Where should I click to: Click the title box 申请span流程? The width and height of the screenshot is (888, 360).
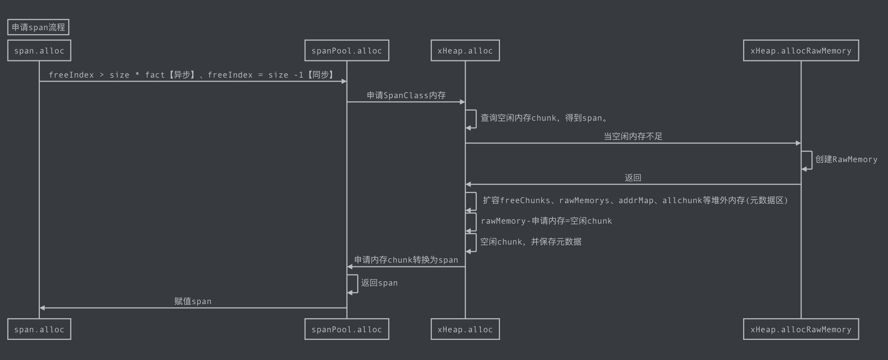(x=38, y=27)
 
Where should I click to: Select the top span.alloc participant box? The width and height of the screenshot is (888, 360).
(x=39, y=51)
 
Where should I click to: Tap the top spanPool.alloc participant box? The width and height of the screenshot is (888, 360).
(x=346, y=51)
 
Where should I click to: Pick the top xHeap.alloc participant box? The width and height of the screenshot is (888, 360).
(x=465, y=51)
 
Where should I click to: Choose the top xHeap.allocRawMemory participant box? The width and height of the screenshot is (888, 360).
(x=801, y=51)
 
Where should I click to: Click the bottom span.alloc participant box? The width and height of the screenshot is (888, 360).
(x=39, y=329)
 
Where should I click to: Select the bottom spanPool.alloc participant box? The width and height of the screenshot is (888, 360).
(x=346, y=329)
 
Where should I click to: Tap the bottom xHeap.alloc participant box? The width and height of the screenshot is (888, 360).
(x=465, y=329)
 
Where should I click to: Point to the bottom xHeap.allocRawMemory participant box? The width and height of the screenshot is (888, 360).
(x=801, y=329)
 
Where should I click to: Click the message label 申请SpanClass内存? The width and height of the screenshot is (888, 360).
(x=406, y=95)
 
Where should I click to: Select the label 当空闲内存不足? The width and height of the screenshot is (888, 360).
(x=633, y=136)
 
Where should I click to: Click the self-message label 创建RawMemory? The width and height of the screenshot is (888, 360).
(x=846, y=159)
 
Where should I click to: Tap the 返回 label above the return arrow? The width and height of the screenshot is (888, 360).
(x=633, y=178)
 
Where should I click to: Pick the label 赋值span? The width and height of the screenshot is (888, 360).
(x=193, y=301)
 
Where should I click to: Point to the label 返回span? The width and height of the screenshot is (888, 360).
(x=379, y=283)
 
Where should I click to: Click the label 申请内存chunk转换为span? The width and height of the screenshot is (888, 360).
(x=406, y=260)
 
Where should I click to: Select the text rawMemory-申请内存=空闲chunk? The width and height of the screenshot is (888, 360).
(x=546, y=221)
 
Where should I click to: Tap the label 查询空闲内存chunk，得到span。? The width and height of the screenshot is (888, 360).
(x=544, y=118)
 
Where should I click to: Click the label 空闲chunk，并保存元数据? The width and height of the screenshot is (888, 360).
(x=531, y=242)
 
